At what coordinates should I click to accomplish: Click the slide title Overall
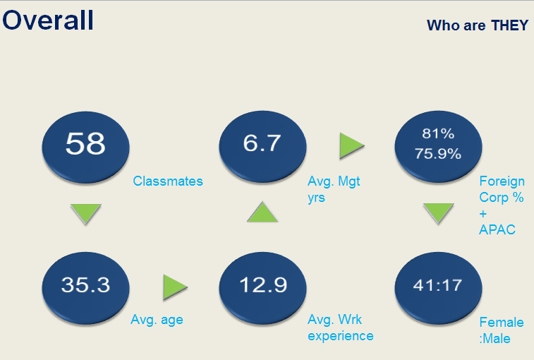click(x=48, y=20)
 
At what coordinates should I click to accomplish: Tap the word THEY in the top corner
click(x=509, y=25)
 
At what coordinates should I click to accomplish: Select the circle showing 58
click(x=85, y=147)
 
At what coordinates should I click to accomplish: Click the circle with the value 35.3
click(x=85, y=288)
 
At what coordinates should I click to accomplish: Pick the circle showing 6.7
click(x=262, y=147)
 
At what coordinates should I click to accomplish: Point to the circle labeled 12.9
click(x=262, y=288)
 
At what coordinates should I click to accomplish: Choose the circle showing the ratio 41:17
click(x=438, y=288)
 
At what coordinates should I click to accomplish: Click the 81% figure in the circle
click(x=438, y=133)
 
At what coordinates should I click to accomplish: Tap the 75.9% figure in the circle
click(x=438, y=154)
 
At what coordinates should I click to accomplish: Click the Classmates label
click(x=168, y=181)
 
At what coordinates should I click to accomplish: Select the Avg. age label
click(x=157, y=320)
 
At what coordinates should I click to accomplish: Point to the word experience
click(x=341, y=336)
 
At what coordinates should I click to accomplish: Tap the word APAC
click(x=497, y=230)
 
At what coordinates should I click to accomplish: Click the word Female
click(x=502, y=322)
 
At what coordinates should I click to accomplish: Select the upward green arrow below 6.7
click(x=262, y=212)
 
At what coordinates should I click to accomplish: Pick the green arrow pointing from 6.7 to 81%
click(x=352, y=146)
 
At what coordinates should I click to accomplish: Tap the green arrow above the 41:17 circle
click(x=439, y=213)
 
